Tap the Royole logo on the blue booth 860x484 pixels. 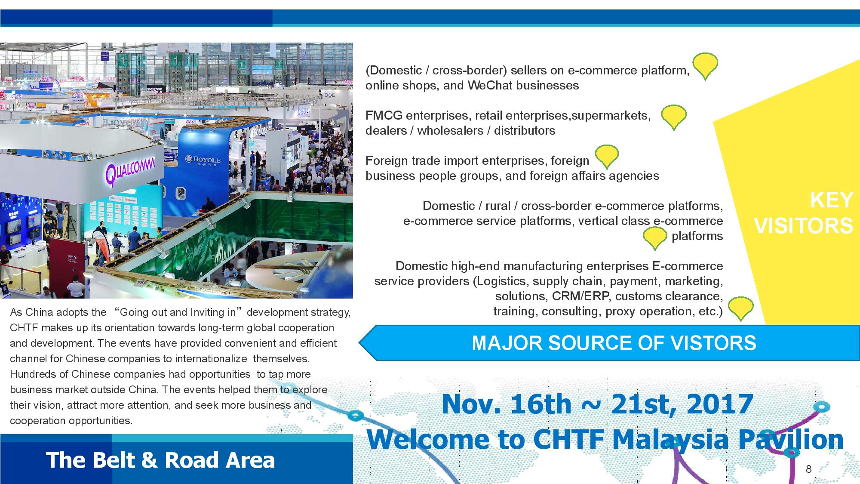pos(203,160)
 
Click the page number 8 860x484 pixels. pos(808,469)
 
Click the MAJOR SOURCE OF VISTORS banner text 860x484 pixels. pos(614,343)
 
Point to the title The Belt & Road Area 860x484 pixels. pos(160,460)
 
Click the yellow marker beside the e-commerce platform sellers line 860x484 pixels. pos(705,66)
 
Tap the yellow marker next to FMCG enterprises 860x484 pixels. pos(673,117)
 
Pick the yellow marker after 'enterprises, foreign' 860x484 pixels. pos(607,157)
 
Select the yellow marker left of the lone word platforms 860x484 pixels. pos(654,238)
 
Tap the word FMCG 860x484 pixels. pos(384,115)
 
